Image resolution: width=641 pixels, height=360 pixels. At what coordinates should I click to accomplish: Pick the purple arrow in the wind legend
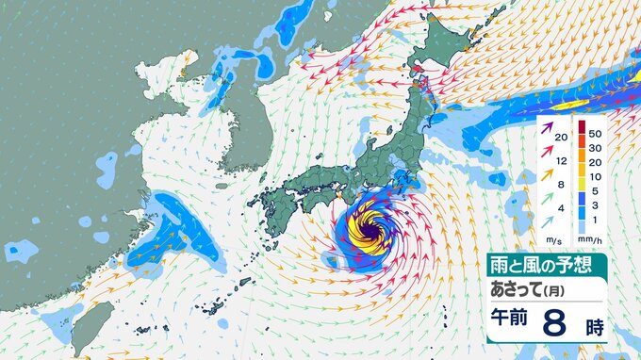(x=547, y=137)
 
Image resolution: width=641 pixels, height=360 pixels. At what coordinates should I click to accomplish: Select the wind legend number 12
(x=562, y=160)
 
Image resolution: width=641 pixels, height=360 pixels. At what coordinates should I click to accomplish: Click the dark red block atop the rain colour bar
(x=583, y=128)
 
